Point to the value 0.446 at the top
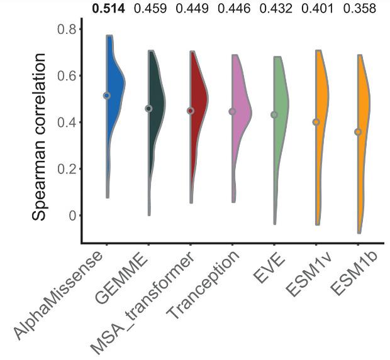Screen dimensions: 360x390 pyautogui.click(x=235, y=9)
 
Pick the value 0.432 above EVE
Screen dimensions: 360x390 pyautogui.click(x=276, y=9)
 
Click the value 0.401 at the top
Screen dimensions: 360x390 pyautogui.click(x=318, y=9)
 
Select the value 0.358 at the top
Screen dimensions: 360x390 pyautogui.click(x=360, y=9)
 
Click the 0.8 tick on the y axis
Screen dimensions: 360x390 pyautogui.click(x=66, y=29)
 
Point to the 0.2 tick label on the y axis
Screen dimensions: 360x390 pyautogui.click(x=66, y=169)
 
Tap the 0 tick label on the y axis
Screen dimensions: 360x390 pyautogui.click(x=71, y=215)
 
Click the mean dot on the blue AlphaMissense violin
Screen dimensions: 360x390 pyautogui.click(x=107, y=95)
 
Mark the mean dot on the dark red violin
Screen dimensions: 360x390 pyautogui.click(x=191, y=111)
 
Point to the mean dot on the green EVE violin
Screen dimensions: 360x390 pyautogui.click(x=274, y=115)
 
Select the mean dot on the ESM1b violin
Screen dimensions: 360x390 pyautogui.click(x=358, y=132)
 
